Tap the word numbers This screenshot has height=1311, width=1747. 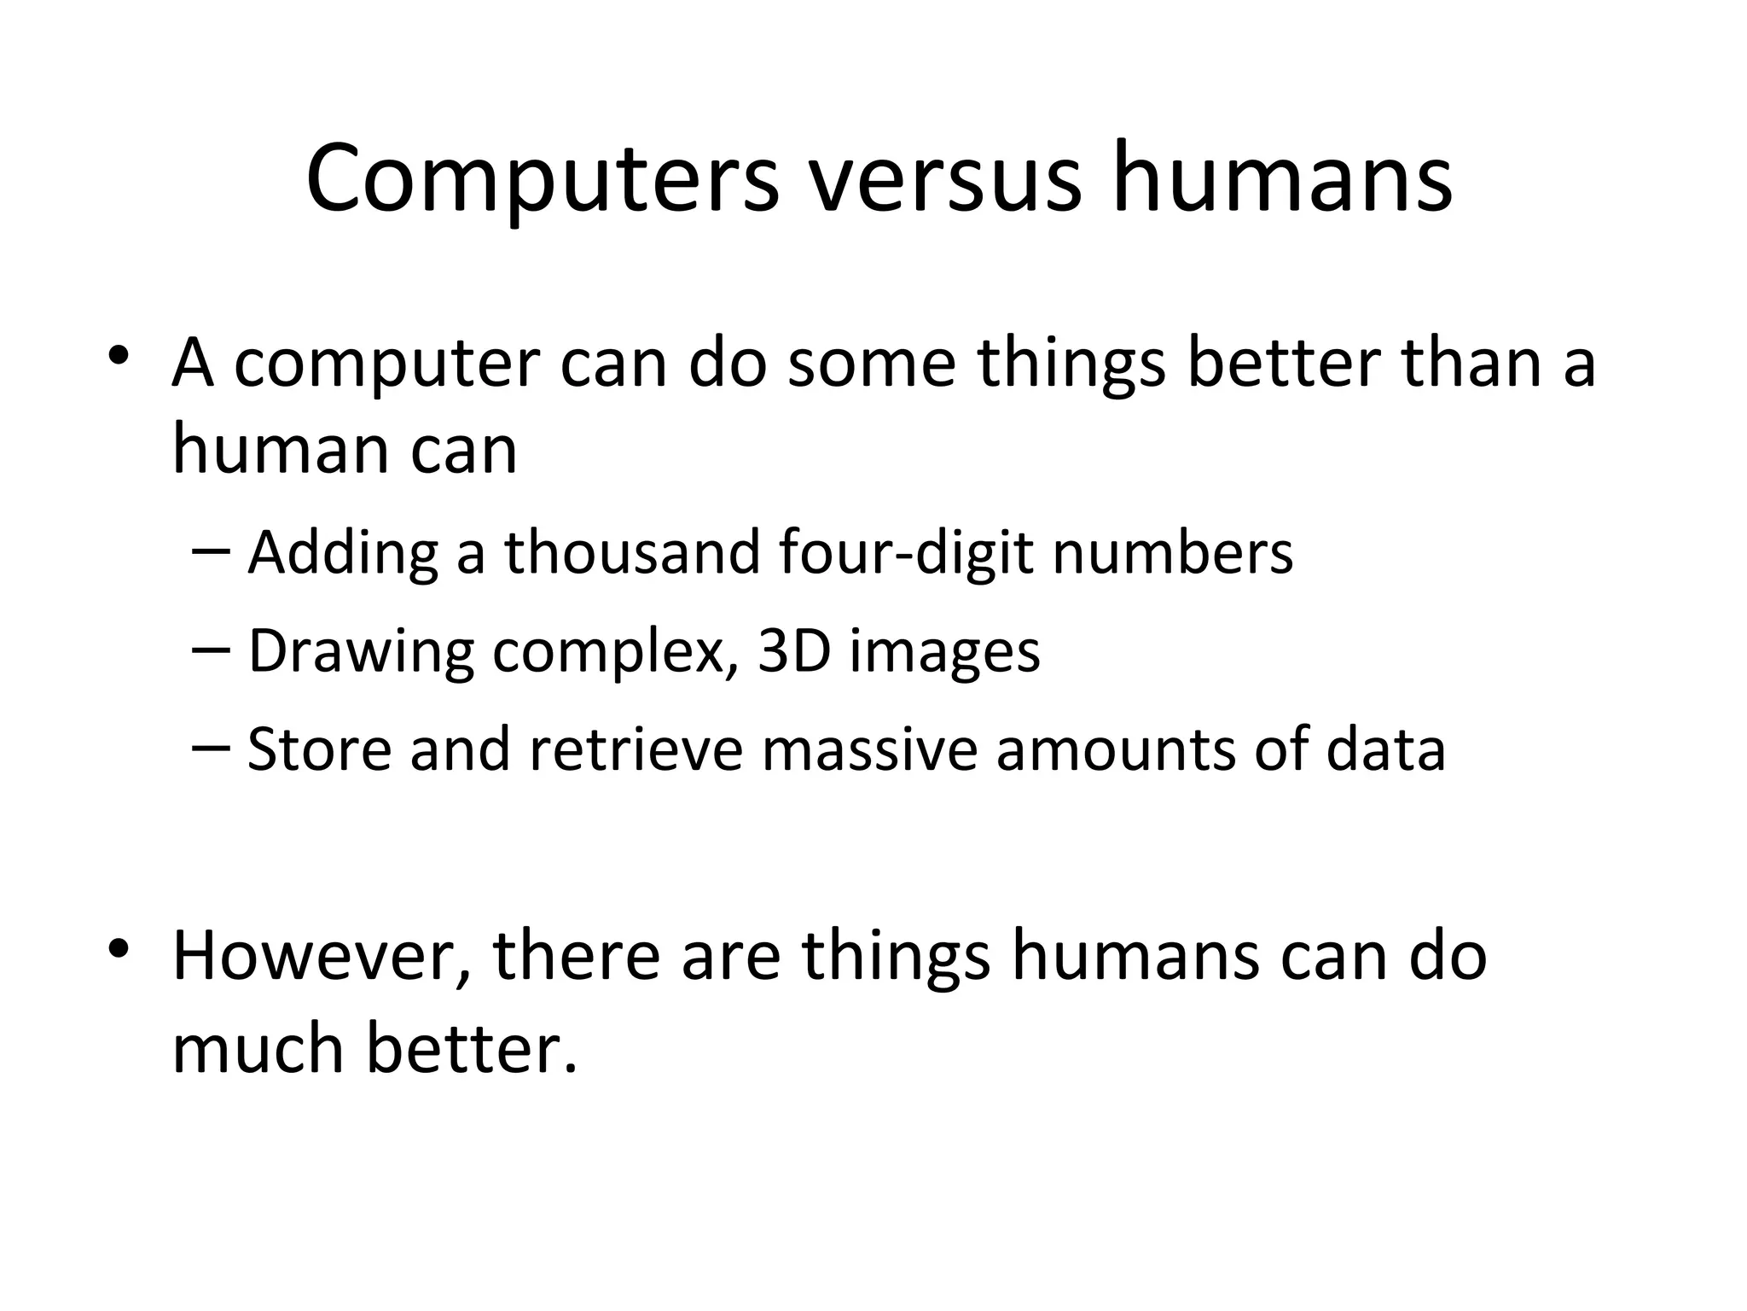coord(1173,552)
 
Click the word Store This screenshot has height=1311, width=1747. coord(319,749)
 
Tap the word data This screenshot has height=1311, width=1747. coord(1385,749)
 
